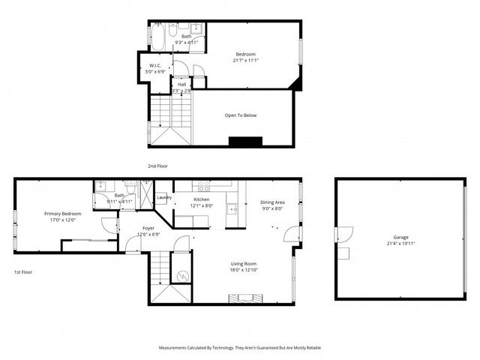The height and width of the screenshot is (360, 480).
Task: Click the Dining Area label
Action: point(272,202)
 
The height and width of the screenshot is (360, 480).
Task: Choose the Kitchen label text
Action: point(202,199)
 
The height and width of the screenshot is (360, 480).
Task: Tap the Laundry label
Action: point(164,197)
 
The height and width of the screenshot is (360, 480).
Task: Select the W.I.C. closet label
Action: point(156,65)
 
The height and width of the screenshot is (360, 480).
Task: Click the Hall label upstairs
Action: point(181,84)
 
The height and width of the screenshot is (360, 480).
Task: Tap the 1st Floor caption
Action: point(23,271)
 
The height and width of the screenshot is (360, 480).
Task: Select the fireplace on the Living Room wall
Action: point(247,298)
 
